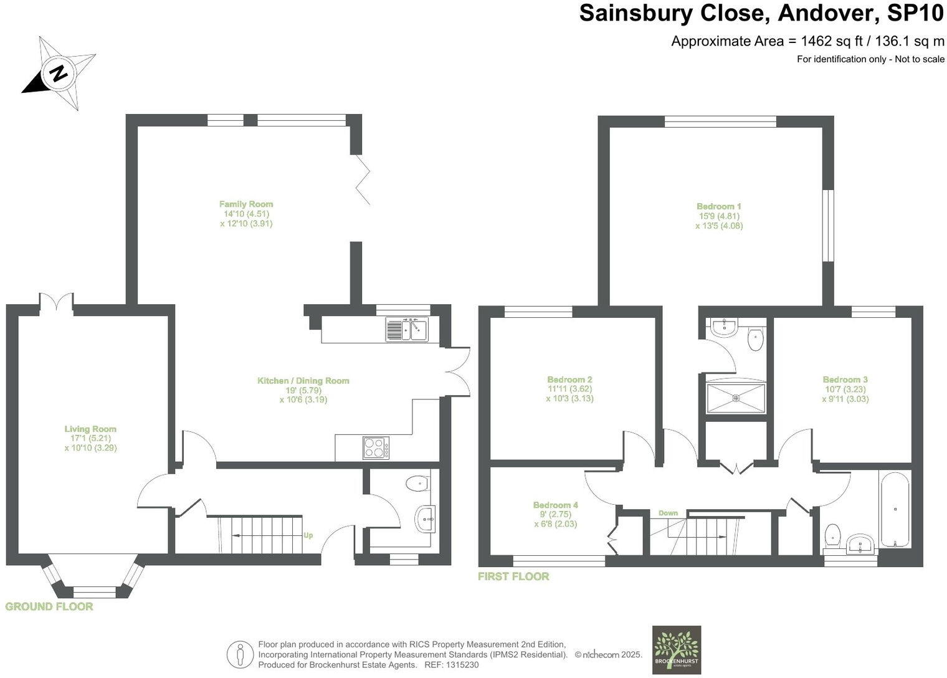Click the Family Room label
pos(246,204)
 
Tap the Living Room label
pos(90,429)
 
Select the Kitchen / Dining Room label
pos(303,381)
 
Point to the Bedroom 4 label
pos(556,505)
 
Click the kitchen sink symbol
pos(406,328)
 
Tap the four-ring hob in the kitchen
pos(376,447)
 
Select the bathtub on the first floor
pos(895,508)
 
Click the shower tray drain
pos(736,398)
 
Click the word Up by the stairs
pos(308,535)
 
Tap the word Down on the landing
pos(668,513)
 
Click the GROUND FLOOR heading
pos(49,606)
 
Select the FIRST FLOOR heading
pos(513,576)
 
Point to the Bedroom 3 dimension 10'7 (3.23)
pos(845,389)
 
